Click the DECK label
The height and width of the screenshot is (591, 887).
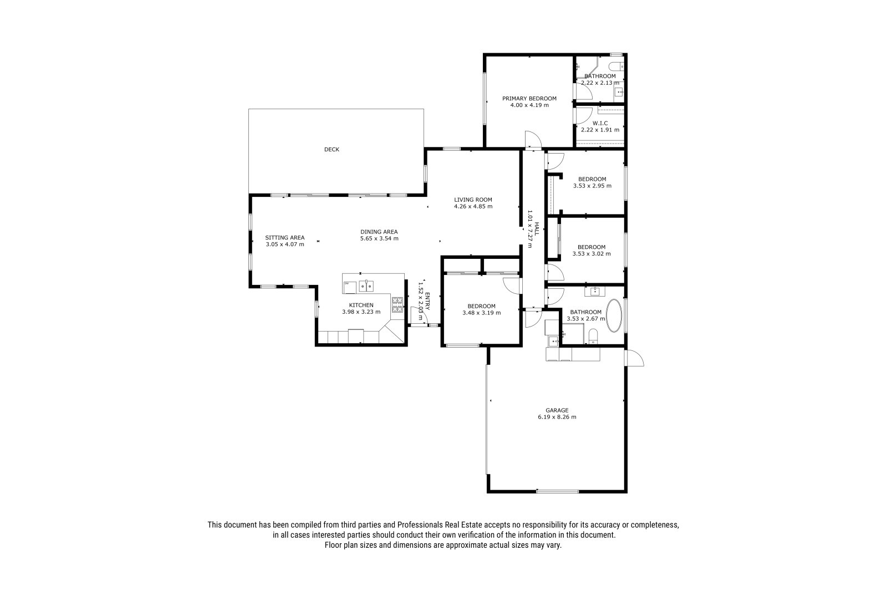click(x=332, y=149)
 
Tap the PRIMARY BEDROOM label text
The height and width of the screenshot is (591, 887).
click(x=529, y=99)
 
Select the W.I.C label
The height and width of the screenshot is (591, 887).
click(x=600, y=123)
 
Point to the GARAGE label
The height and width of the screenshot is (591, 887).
click(x=557, y=410)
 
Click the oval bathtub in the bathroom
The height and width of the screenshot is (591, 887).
click(x=614, y=315)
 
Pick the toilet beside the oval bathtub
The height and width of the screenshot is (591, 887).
click(x=593, y=337)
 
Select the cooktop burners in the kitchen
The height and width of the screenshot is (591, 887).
click(x=397, y=304)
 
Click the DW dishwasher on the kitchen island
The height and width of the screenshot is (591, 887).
click(x=350, y=287)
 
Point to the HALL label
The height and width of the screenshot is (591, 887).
click(x=537, y=229)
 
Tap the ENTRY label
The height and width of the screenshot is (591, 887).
click(x=427, y=301)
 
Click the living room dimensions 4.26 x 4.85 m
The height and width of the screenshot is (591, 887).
click(x=473, y=206)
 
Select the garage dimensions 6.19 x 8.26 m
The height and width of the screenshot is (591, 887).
click(x=557, y=417)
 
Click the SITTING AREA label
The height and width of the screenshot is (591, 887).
click(x=285, y=238)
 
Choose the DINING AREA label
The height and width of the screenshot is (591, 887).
click(x=379, y=232)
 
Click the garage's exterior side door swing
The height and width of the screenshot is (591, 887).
click(x=634, y=358)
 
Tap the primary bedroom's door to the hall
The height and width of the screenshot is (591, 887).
click(x=533, y=140)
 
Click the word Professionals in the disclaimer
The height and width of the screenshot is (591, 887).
click(x=420, y=525)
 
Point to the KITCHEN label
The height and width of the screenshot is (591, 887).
click(x=361, y=305)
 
